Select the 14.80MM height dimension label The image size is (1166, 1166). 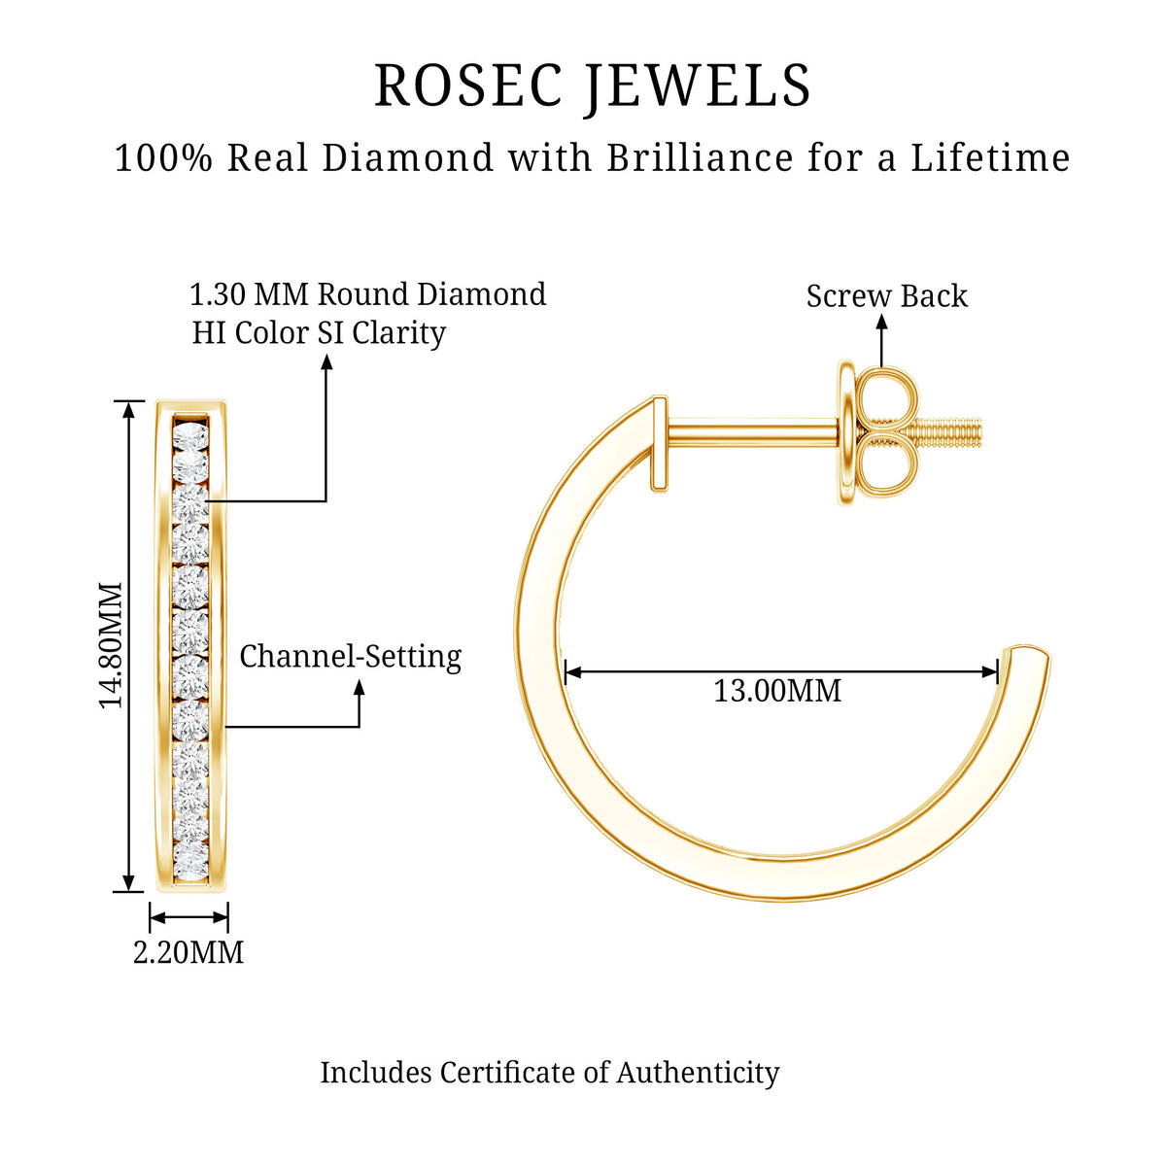click(x=112, y=645)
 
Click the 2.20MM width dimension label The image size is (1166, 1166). click(x=189, y=952)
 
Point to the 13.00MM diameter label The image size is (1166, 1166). click(x=777, y=691)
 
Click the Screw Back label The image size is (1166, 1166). click(x=886, y=296)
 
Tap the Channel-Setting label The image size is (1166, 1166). click(x=351, y=657)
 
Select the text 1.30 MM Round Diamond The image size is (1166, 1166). click(x=368, y=294)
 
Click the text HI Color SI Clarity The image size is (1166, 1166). click(x=319, y=333)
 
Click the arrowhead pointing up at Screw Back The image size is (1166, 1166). click(x=882, y=323)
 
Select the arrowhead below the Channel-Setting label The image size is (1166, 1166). click(x=360, y=688)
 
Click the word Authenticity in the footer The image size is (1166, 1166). click(x=698, y=1073)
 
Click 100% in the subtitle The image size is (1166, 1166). click(x=163, y=157)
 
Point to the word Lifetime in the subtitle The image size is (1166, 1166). click(x=990, y=157)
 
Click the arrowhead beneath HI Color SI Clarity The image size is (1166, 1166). click(x=326, y=361)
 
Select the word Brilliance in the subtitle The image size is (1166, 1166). click(x=700, y=157)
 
